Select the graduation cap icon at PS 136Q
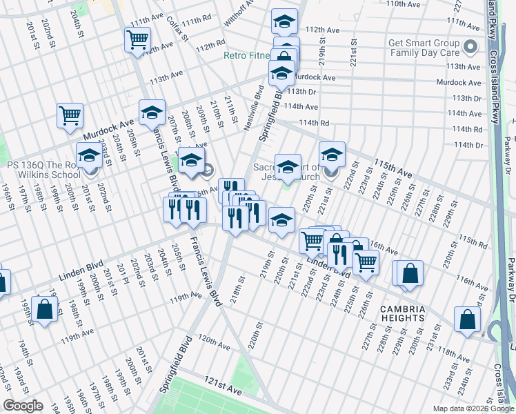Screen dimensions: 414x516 point(88,157)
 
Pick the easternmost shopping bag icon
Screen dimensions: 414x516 point(467,319)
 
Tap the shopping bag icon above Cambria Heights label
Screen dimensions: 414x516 point(410,273)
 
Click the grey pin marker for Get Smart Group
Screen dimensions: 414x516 point(470,47)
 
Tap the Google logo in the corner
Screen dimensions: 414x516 point(23,406)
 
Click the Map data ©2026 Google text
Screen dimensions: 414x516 point(473,408)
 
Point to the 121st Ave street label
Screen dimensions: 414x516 point(222,390)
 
